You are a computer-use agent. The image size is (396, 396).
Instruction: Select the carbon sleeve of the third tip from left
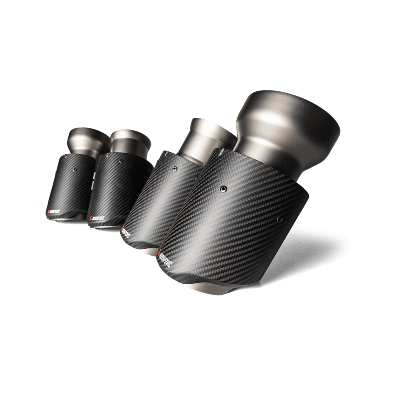coord(158,200)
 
